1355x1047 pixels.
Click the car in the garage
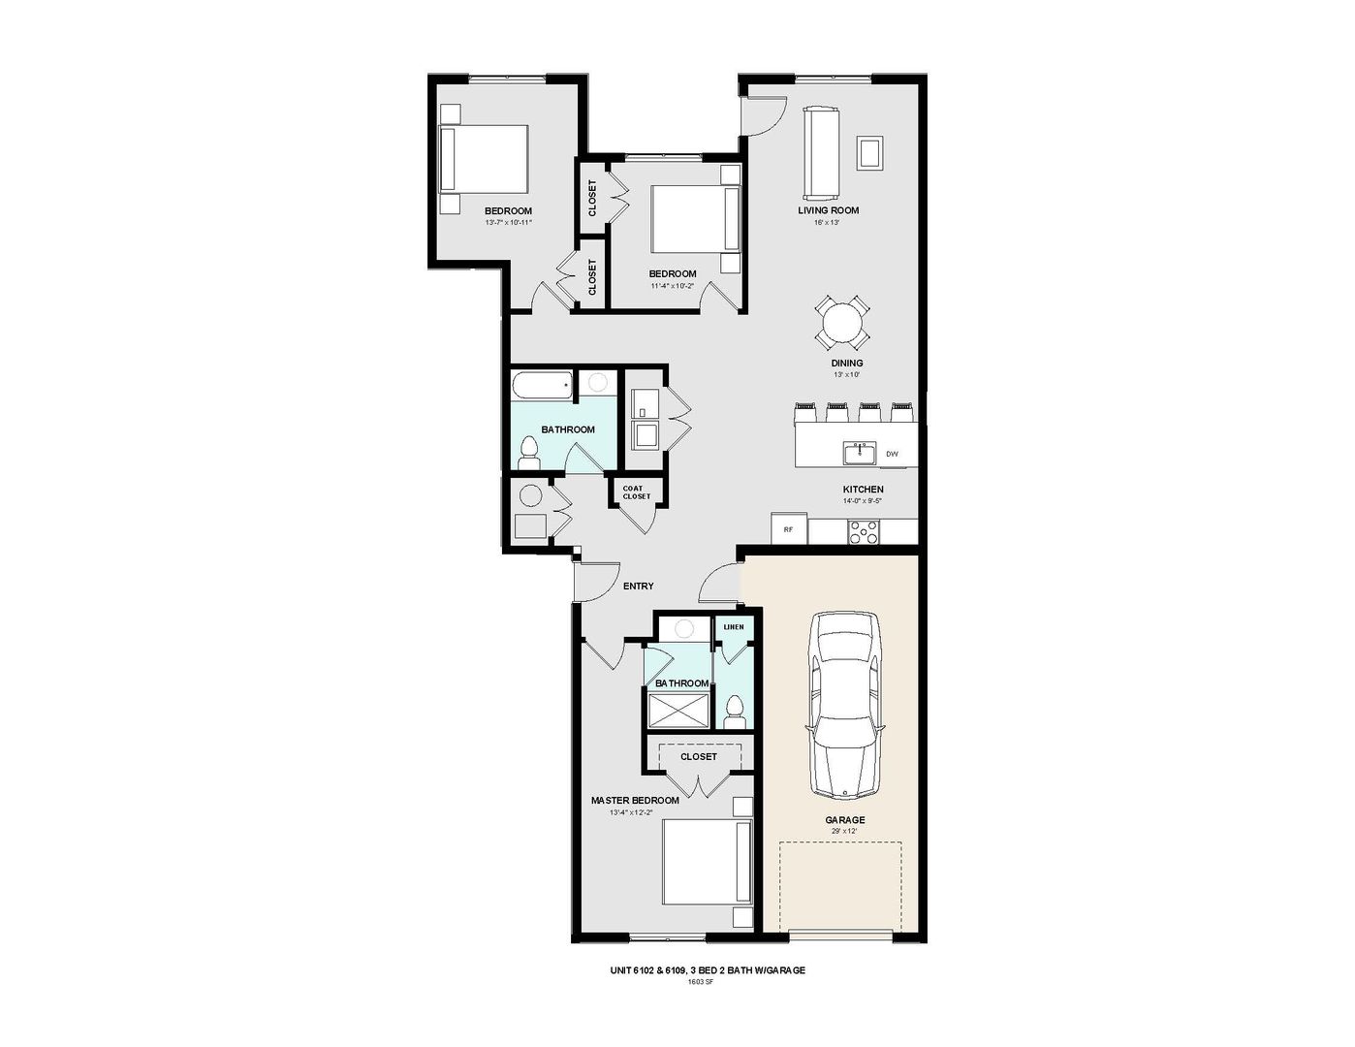tap(847, 706)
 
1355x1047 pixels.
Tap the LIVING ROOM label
tap(828, 210)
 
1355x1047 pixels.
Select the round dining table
tap(841, 322)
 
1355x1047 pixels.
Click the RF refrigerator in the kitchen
tap(789, 528)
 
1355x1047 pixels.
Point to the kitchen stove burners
tap(864, 531)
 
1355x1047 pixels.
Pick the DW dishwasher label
tap(892, 454)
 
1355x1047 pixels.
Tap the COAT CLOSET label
tap(637, 492)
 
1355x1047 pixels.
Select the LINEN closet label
tap(734, 627)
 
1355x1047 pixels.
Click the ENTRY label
tap(638, 586)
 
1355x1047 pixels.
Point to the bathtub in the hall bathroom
tap(543, 385)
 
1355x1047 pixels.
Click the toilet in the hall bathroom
tap(529, 452)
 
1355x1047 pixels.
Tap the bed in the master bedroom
tap(707, 862)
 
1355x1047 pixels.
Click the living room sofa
tap(821, 151)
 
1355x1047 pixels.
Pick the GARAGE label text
tap(844, 820)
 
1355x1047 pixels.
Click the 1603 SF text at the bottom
tap(700, 981)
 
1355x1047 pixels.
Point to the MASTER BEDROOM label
tap(635, 801)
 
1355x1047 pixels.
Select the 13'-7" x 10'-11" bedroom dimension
tap(509, 222)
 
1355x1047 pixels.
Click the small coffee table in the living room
tap(869, 152)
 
